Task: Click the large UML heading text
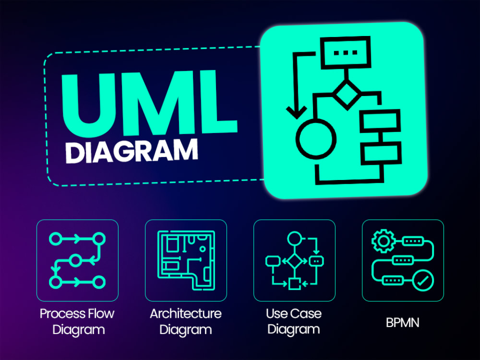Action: click(x=149, y=103)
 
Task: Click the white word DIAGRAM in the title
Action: click(x=132, y=151)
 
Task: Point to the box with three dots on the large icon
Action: click(x=346, y=53)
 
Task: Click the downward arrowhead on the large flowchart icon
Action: click(x=296, y=112)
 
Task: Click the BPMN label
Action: click(x=403, y=323)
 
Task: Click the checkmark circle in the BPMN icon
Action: click(x=423, y=280)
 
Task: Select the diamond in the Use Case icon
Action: click(x=295, y=261)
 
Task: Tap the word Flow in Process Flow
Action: click(x=101, y=313)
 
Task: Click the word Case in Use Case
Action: click(x=306, y=313)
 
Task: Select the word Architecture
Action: click(x=186, y=313)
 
